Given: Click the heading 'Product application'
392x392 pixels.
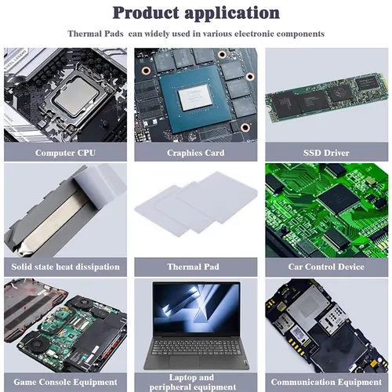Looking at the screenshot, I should (x=196, y=13).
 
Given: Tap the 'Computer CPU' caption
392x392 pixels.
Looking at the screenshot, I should (x=65, y=153).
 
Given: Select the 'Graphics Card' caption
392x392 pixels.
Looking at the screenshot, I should (x=195, y=153).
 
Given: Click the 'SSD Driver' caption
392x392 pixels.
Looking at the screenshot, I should (x=325, y=153).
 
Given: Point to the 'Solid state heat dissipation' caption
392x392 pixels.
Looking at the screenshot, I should (x=65, y=267).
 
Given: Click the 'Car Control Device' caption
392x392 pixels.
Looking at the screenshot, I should (x=325, y=267).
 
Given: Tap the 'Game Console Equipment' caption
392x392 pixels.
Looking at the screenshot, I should (x=65, y=382).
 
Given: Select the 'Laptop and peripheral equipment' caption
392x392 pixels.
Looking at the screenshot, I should (x=195, y=381).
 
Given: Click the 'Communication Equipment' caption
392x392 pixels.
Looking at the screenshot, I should (x=325, y=382).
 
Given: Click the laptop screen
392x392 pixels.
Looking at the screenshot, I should (x=195, y=310).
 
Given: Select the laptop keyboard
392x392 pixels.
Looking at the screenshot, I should (x=195, y=347).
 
